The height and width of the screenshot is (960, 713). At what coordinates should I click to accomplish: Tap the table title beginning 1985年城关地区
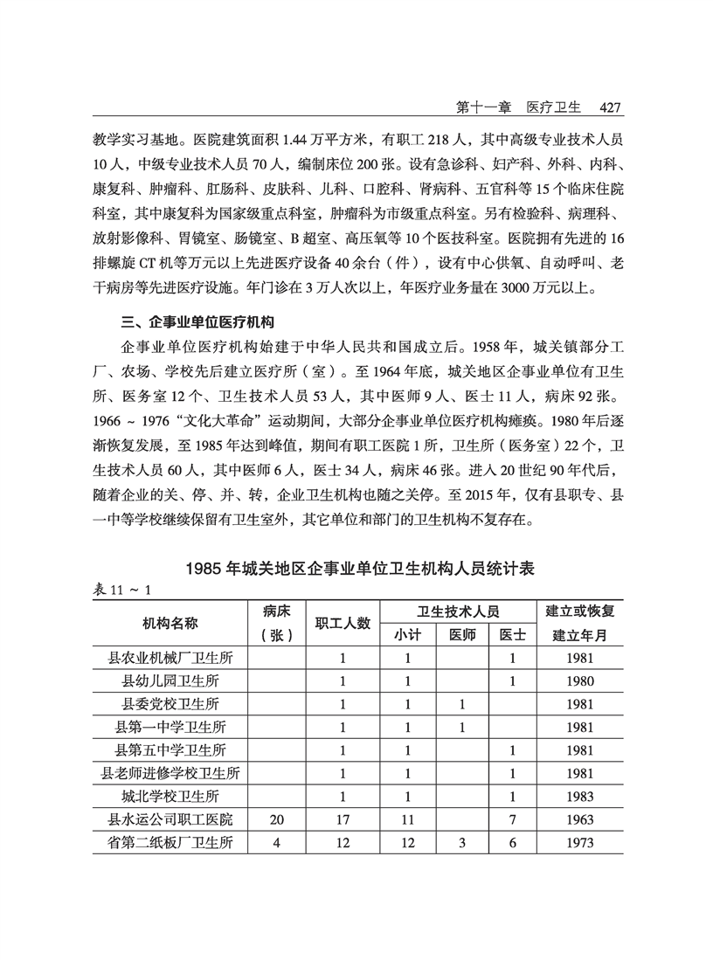click(359, 568)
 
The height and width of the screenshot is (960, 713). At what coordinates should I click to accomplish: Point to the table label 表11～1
click(122, 590)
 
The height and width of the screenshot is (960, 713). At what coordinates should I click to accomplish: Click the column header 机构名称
click(170, 623)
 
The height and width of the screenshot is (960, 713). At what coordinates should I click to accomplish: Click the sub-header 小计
click(407, 635)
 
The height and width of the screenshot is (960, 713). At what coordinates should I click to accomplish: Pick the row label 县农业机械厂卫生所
click(171, 658)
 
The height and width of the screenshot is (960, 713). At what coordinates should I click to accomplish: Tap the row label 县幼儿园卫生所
click(171, 681)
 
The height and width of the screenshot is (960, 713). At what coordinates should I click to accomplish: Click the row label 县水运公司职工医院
click(171, 819)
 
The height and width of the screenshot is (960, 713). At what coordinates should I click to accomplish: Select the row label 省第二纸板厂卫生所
click(171, 843)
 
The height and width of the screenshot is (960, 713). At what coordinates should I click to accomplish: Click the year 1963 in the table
click(579, 820)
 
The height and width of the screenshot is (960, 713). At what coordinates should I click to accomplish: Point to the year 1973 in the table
click(579, 843)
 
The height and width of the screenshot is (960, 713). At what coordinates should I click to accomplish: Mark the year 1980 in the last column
click(579, 681)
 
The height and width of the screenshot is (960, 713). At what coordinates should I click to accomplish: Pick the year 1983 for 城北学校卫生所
click(579, 797)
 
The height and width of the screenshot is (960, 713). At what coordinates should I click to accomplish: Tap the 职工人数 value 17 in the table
click(343, 820)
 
